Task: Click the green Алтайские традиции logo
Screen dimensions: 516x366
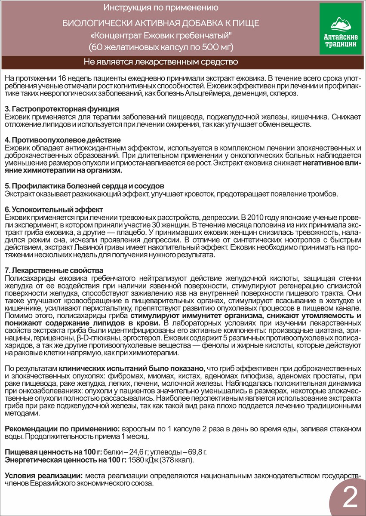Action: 340,29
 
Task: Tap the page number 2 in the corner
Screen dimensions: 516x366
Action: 351,499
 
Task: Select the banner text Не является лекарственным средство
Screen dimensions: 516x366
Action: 161,62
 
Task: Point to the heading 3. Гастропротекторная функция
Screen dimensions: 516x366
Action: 61,109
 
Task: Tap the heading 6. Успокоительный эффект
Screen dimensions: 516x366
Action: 53,209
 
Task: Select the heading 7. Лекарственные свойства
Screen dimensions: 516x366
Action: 53,270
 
